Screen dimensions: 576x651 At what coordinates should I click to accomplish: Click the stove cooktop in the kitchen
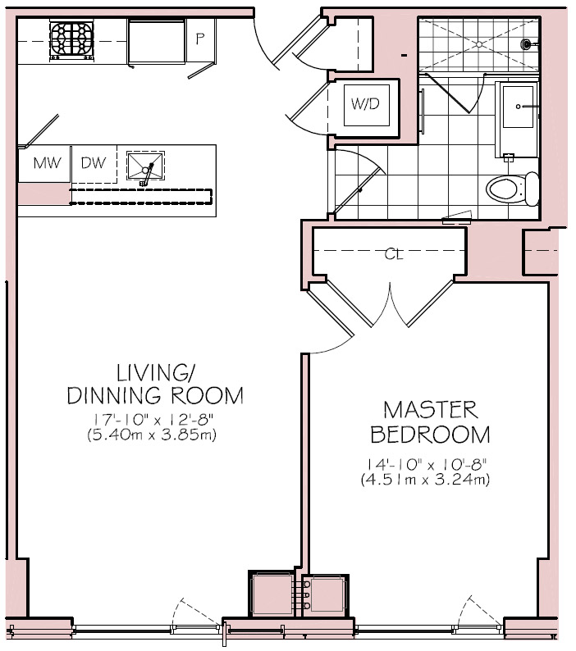pyautogui.click(x=72, y=41)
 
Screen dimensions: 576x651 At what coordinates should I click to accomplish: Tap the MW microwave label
pyautogui.click(x=47, y=162)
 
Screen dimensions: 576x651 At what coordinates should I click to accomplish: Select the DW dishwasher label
pyautogui.click(x=94, y=162)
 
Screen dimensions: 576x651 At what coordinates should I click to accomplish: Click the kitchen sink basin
pyautogui.click(x=145, y=166)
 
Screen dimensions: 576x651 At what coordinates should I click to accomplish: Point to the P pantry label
pyautogui.click(x=200, y=39)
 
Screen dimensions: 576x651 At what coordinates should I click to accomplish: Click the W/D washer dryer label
pyautogui.click(x=366, y=104)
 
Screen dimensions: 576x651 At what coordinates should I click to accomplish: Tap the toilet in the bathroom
pyautogui.click(x=513, y=189)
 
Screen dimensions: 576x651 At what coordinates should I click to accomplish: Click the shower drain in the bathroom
pyautogui.click(x=479, y=43)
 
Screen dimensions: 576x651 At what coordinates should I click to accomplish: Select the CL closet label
pyautogui.click(x=394, y=254)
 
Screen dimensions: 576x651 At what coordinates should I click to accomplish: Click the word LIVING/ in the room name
pyautogui.click(x=154, y=373)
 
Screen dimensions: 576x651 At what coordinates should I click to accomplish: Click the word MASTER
pyautogui.click(x=431, y=410)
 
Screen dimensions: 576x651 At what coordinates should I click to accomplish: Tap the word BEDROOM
pyautogui.click(x=430, y=435)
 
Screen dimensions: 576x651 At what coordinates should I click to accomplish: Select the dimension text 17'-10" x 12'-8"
pyautogui.click(x=153, y=420)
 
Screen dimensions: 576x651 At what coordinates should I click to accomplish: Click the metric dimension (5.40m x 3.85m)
pyautogui.click(x=152, y=435)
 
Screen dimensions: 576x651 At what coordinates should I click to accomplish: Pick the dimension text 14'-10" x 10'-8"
pyautogui.click(x=426, y=464)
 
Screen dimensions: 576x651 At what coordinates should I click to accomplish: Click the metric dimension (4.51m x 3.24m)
pyautogui.click(x=425, y=480)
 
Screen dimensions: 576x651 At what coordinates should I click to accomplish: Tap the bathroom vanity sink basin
pyautogui.click(x=518, y=107)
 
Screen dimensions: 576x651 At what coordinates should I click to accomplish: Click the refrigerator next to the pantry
pyautogui.click(x=157, y=42)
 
